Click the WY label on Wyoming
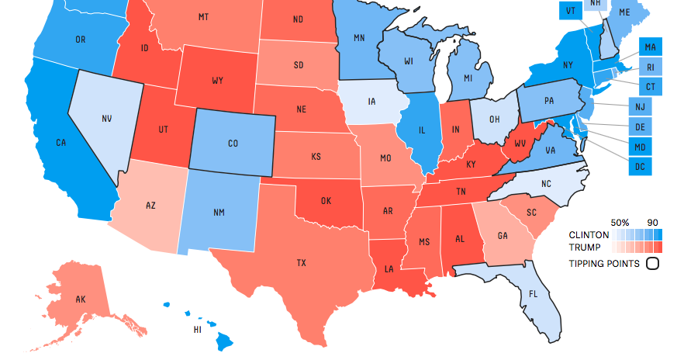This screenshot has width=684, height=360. [x=218, y=81]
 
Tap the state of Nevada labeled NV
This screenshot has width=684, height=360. [x=106, y=119]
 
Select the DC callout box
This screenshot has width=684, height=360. [x=641, y=165]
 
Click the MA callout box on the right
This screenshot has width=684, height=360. [x=651, y=47]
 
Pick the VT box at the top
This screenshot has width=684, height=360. [x=570, y=11]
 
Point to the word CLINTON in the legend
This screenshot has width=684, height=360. [x=588, y=234]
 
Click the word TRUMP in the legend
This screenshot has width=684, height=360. [x=585, y=247]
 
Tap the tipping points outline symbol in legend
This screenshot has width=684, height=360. [x=652, y=264]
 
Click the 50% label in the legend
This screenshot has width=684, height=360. [x=620, y=221]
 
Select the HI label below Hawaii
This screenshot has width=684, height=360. [x=198, y=330]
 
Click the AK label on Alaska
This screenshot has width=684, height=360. [x=80, y=299]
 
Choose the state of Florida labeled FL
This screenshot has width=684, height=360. [x=532, y=295]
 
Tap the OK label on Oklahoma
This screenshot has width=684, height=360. [x=326, y=201]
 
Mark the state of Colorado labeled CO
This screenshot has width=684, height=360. [x=233, y=143]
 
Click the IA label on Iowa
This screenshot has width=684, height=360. [x=372, y=101]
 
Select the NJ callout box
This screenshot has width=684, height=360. [x=641, y=106]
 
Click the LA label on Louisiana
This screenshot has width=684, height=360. [x=389, y=269]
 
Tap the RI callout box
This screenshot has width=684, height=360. [x=651, y=67]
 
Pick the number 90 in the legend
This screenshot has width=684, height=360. [x=653, y=221]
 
